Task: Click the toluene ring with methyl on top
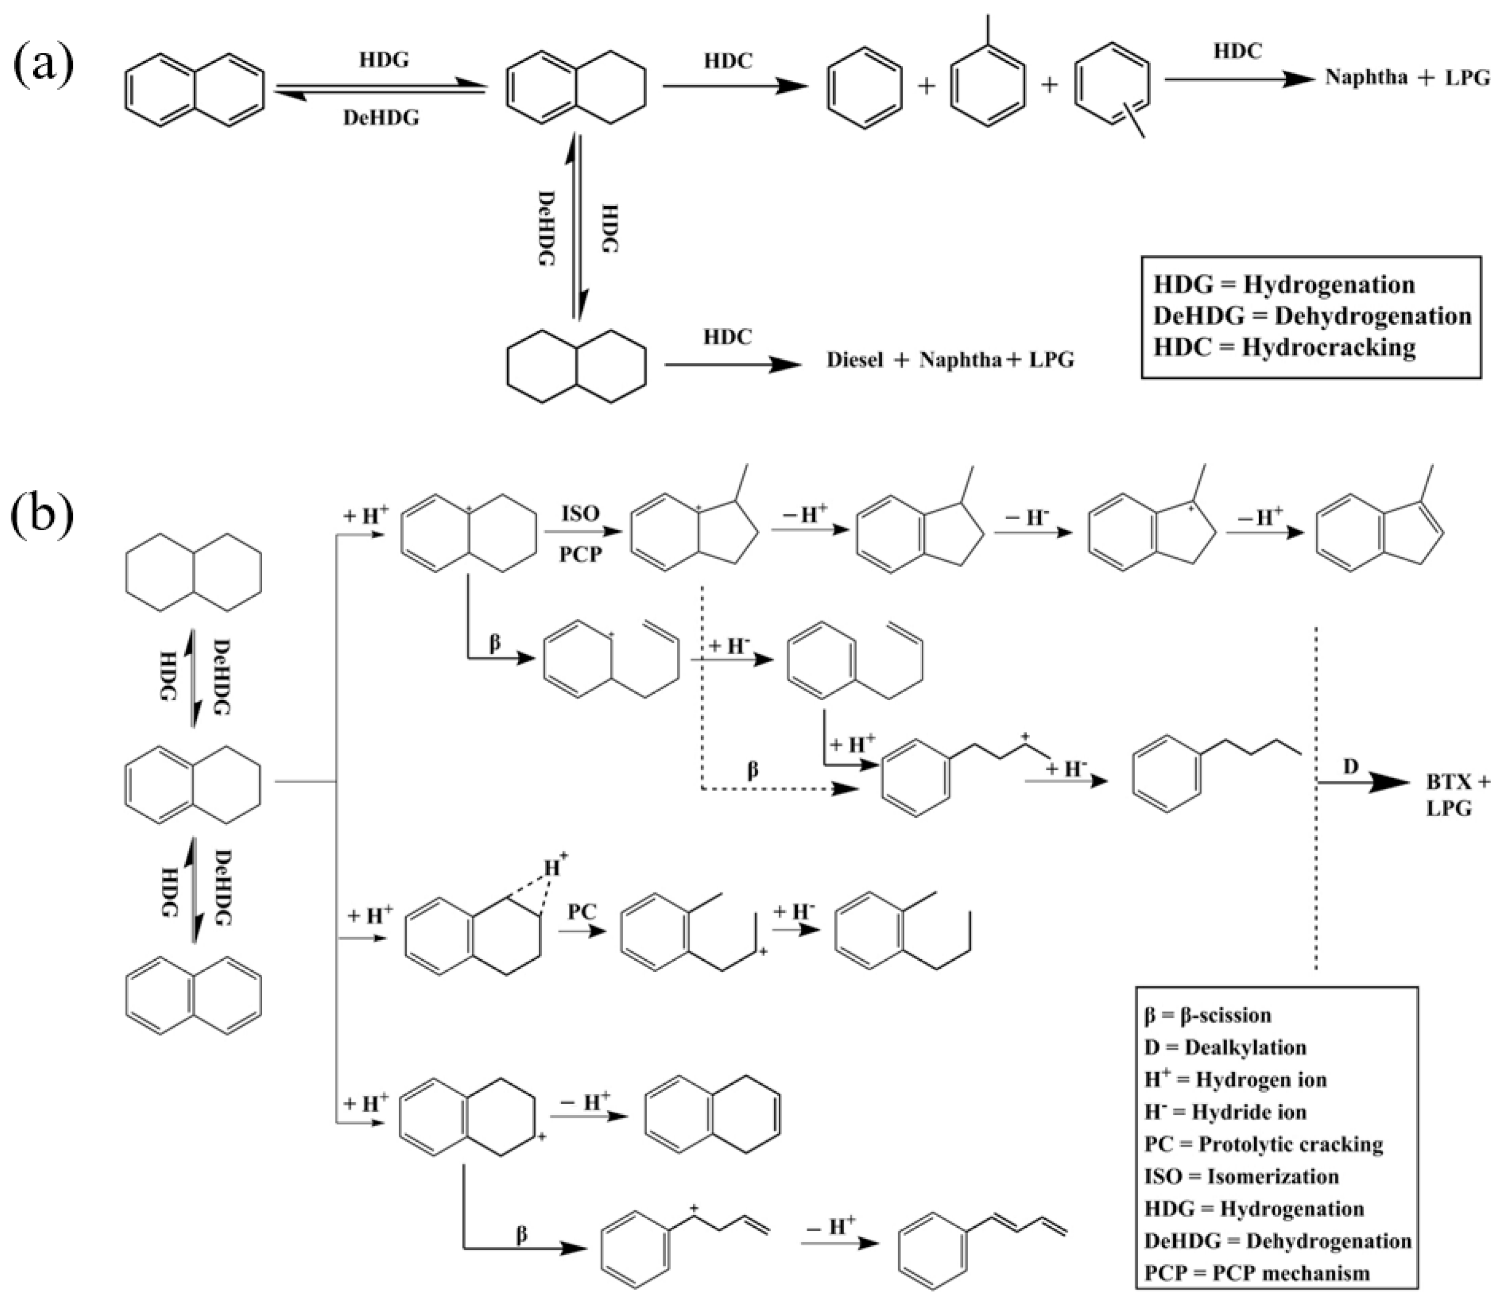pos(987,85)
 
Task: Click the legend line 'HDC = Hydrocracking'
pos(1284,347)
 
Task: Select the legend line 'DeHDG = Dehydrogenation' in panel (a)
pos(1312,316)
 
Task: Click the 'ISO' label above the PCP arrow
pos(580,514)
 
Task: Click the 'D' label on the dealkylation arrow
pos(1350,766)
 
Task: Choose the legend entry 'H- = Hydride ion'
pos(1225,1112)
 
